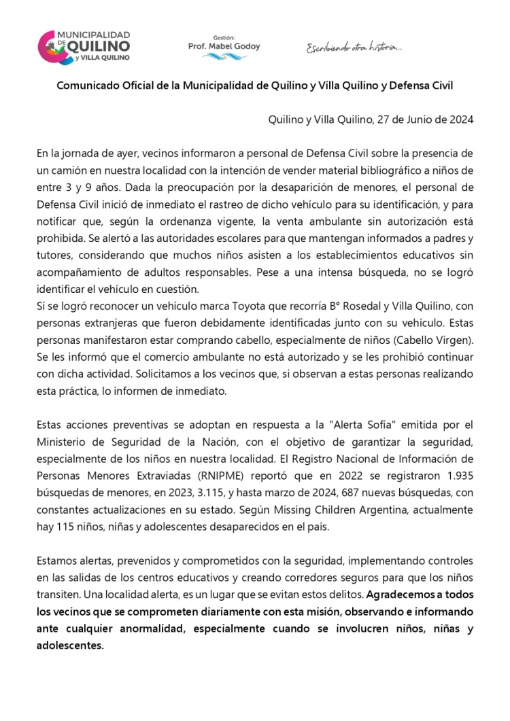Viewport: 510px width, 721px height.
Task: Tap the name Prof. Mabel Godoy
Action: point(223,47)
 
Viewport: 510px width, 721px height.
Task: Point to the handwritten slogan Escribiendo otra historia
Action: point(354,48)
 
